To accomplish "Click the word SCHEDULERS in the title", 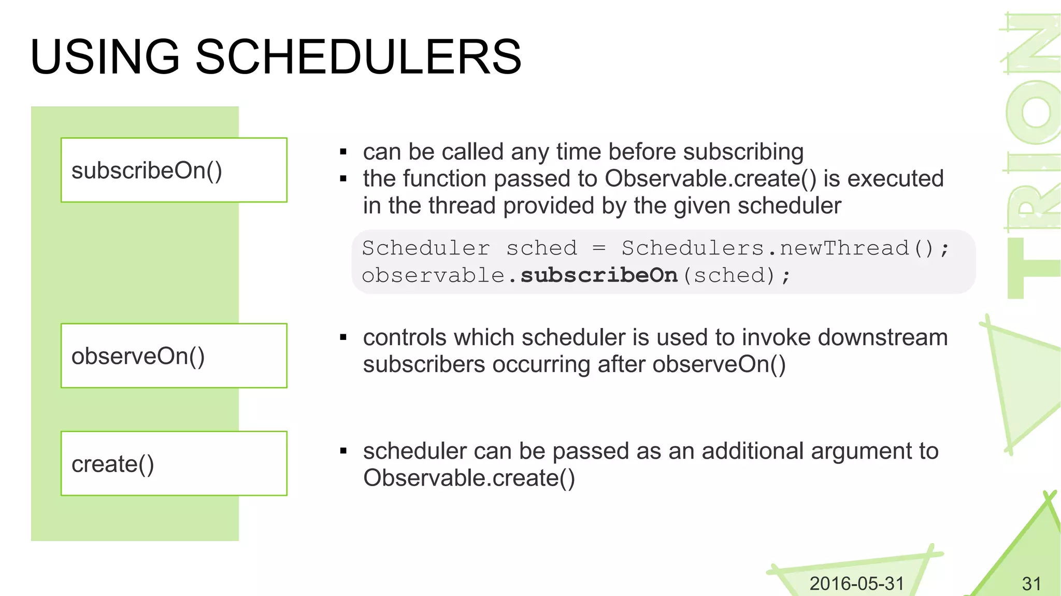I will click(358, 57).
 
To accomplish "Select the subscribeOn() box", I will click(174, 170).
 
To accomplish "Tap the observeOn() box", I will click(174, 356).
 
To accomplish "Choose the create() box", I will click(174, 463).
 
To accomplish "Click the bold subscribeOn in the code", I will click(599, 275).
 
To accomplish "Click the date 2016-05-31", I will click(856, 584).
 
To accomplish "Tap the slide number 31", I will click(1031, 584).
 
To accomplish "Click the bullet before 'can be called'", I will click(343, 152).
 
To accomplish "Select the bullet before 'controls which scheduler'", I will click(343, 338).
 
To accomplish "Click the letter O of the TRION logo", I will click(1034, 112).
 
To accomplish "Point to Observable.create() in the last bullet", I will click(469, 478).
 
